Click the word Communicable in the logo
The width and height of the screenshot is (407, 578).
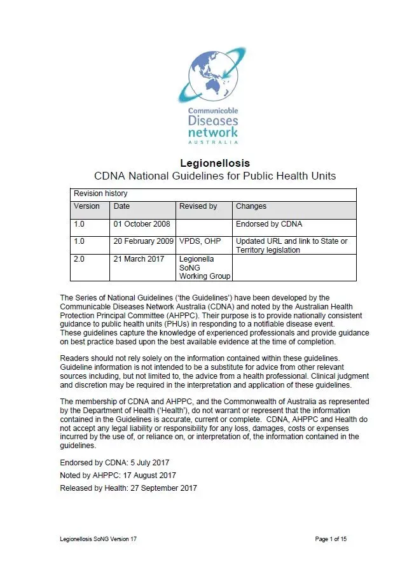tap(213, 110)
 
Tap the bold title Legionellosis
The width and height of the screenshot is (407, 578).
tap(215, 164)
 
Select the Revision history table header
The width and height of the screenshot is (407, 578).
tap(100, 194)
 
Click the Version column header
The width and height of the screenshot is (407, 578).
tap(87, 206)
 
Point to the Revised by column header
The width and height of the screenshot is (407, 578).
tap(198, 206)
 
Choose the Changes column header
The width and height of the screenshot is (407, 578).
tap(251, 206)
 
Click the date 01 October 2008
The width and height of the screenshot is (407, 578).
tap(142, 224)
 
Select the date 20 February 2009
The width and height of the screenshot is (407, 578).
tap(144, 241)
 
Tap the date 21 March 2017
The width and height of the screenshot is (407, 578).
tap(139, 259)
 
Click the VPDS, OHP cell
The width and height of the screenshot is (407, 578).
tap(200, 241)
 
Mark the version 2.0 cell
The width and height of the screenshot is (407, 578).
tap(79, 259)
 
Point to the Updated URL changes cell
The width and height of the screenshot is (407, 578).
tap(292, 246)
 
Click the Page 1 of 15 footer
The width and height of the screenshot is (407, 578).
tap(331, 539)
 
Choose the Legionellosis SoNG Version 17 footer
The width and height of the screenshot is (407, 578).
tap(98, 539)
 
